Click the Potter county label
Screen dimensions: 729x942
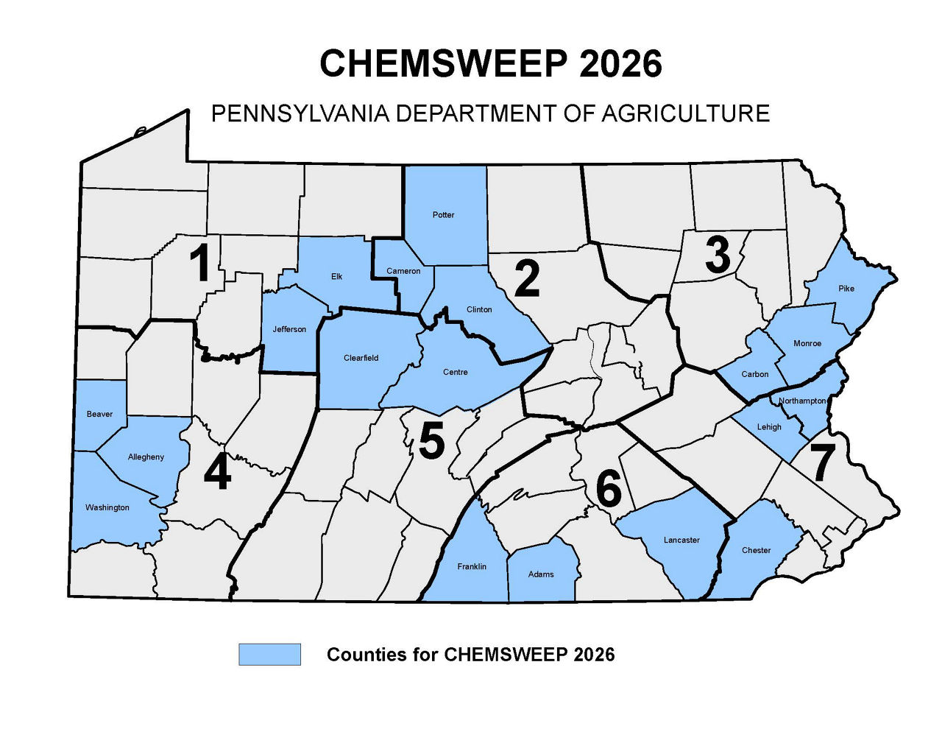click(x=443, y=215)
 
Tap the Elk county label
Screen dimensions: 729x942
click(x=336, y=277)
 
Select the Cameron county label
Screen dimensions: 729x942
click(x=403, y=271)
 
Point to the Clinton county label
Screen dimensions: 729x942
click(x=479, y=309)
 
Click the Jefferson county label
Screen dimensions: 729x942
click(x=289, y=329)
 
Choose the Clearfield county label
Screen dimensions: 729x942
click(x=361, y=358)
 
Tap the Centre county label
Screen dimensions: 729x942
click(x=455, y=372)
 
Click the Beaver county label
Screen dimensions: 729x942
click(x=99, y=414)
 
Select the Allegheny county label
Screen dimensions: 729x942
click(x=146, y=457)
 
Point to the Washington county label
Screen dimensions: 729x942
click(x=107, y=507)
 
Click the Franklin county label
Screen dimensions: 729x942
click(x=472, y=566)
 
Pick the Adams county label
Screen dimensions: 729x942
click(x=541, y=574)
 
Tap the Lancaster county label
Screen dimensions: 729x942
click(x=681, y=540)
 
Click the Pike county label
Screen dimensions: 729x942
click(x=846, y=289)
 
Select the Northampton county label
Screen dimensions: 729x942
click(x=802, y=401)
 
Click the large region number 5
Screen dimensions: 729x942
click(x=431, y=442)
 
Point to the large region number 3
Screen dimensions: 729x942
click(x=717, y=256)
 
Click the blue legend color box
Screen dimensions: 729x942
click(x=269, y=654)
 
